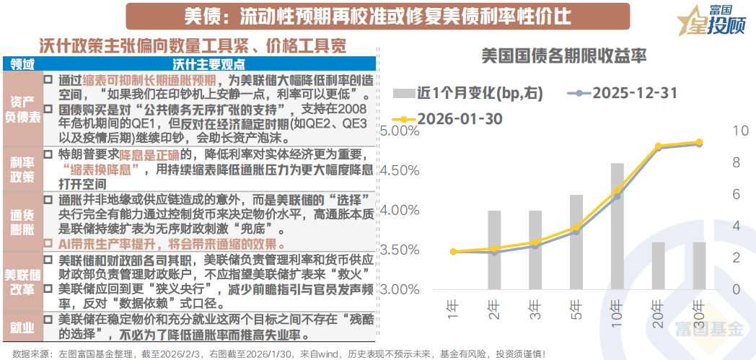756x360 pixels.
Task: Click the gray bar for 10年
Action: (617, 226)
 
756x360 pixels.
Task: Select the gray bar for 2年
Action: (494, 250)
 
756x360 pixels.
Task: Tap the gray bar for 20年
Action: (658, 265)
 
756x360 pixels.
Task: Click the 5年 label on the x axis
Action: (576, 309)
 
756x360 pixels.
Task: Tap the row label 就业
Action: (22, 328)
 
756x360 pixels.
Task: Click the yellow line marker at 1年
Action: (453, 252)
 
